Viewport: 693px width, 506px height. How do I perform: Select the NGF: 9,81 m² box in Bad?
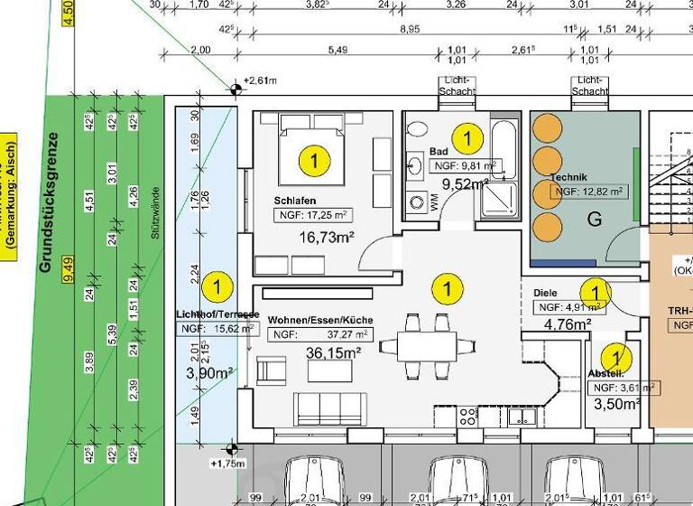pos(466,166)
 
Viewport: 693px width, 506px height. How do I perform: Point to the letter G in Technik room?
pos(594,219)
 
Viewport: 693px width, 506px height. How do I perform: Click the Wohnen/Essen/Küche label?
pos(320,321)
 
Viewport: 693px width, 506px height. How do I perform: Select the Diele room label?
pos(546,294)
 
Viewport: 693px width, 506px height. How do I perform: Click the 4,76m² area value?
pos(568,324)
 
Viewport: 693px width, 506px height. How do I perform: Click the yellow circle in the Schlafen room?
pos(314,162)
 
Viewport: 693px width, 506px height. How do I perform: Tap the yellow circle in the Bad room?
pos(467,138)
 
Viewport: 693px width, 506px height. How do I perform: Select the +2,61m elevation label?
pos(262,81)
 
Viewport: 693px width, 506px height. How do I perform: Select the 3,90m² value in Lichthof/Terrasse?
pos(209,372)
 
